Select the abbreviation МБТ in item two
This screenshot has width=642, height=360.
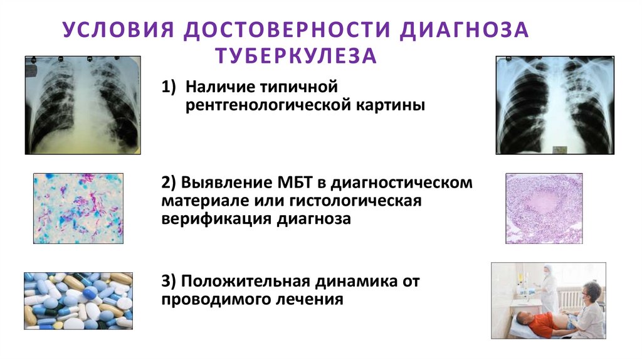point(295,183)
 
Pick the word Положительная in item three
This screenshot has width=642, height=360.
point(253,281)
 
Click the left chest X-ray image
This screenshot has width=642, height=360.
point(83,105)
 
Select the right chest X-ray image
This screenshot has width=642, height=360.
point(555,105)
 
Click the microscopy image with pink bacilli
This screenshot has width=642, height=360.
point(78,208)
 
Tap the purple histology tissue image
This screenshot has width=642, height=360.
point(544,208)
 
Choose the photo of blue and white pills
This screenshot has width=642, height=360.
point(78,300)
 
